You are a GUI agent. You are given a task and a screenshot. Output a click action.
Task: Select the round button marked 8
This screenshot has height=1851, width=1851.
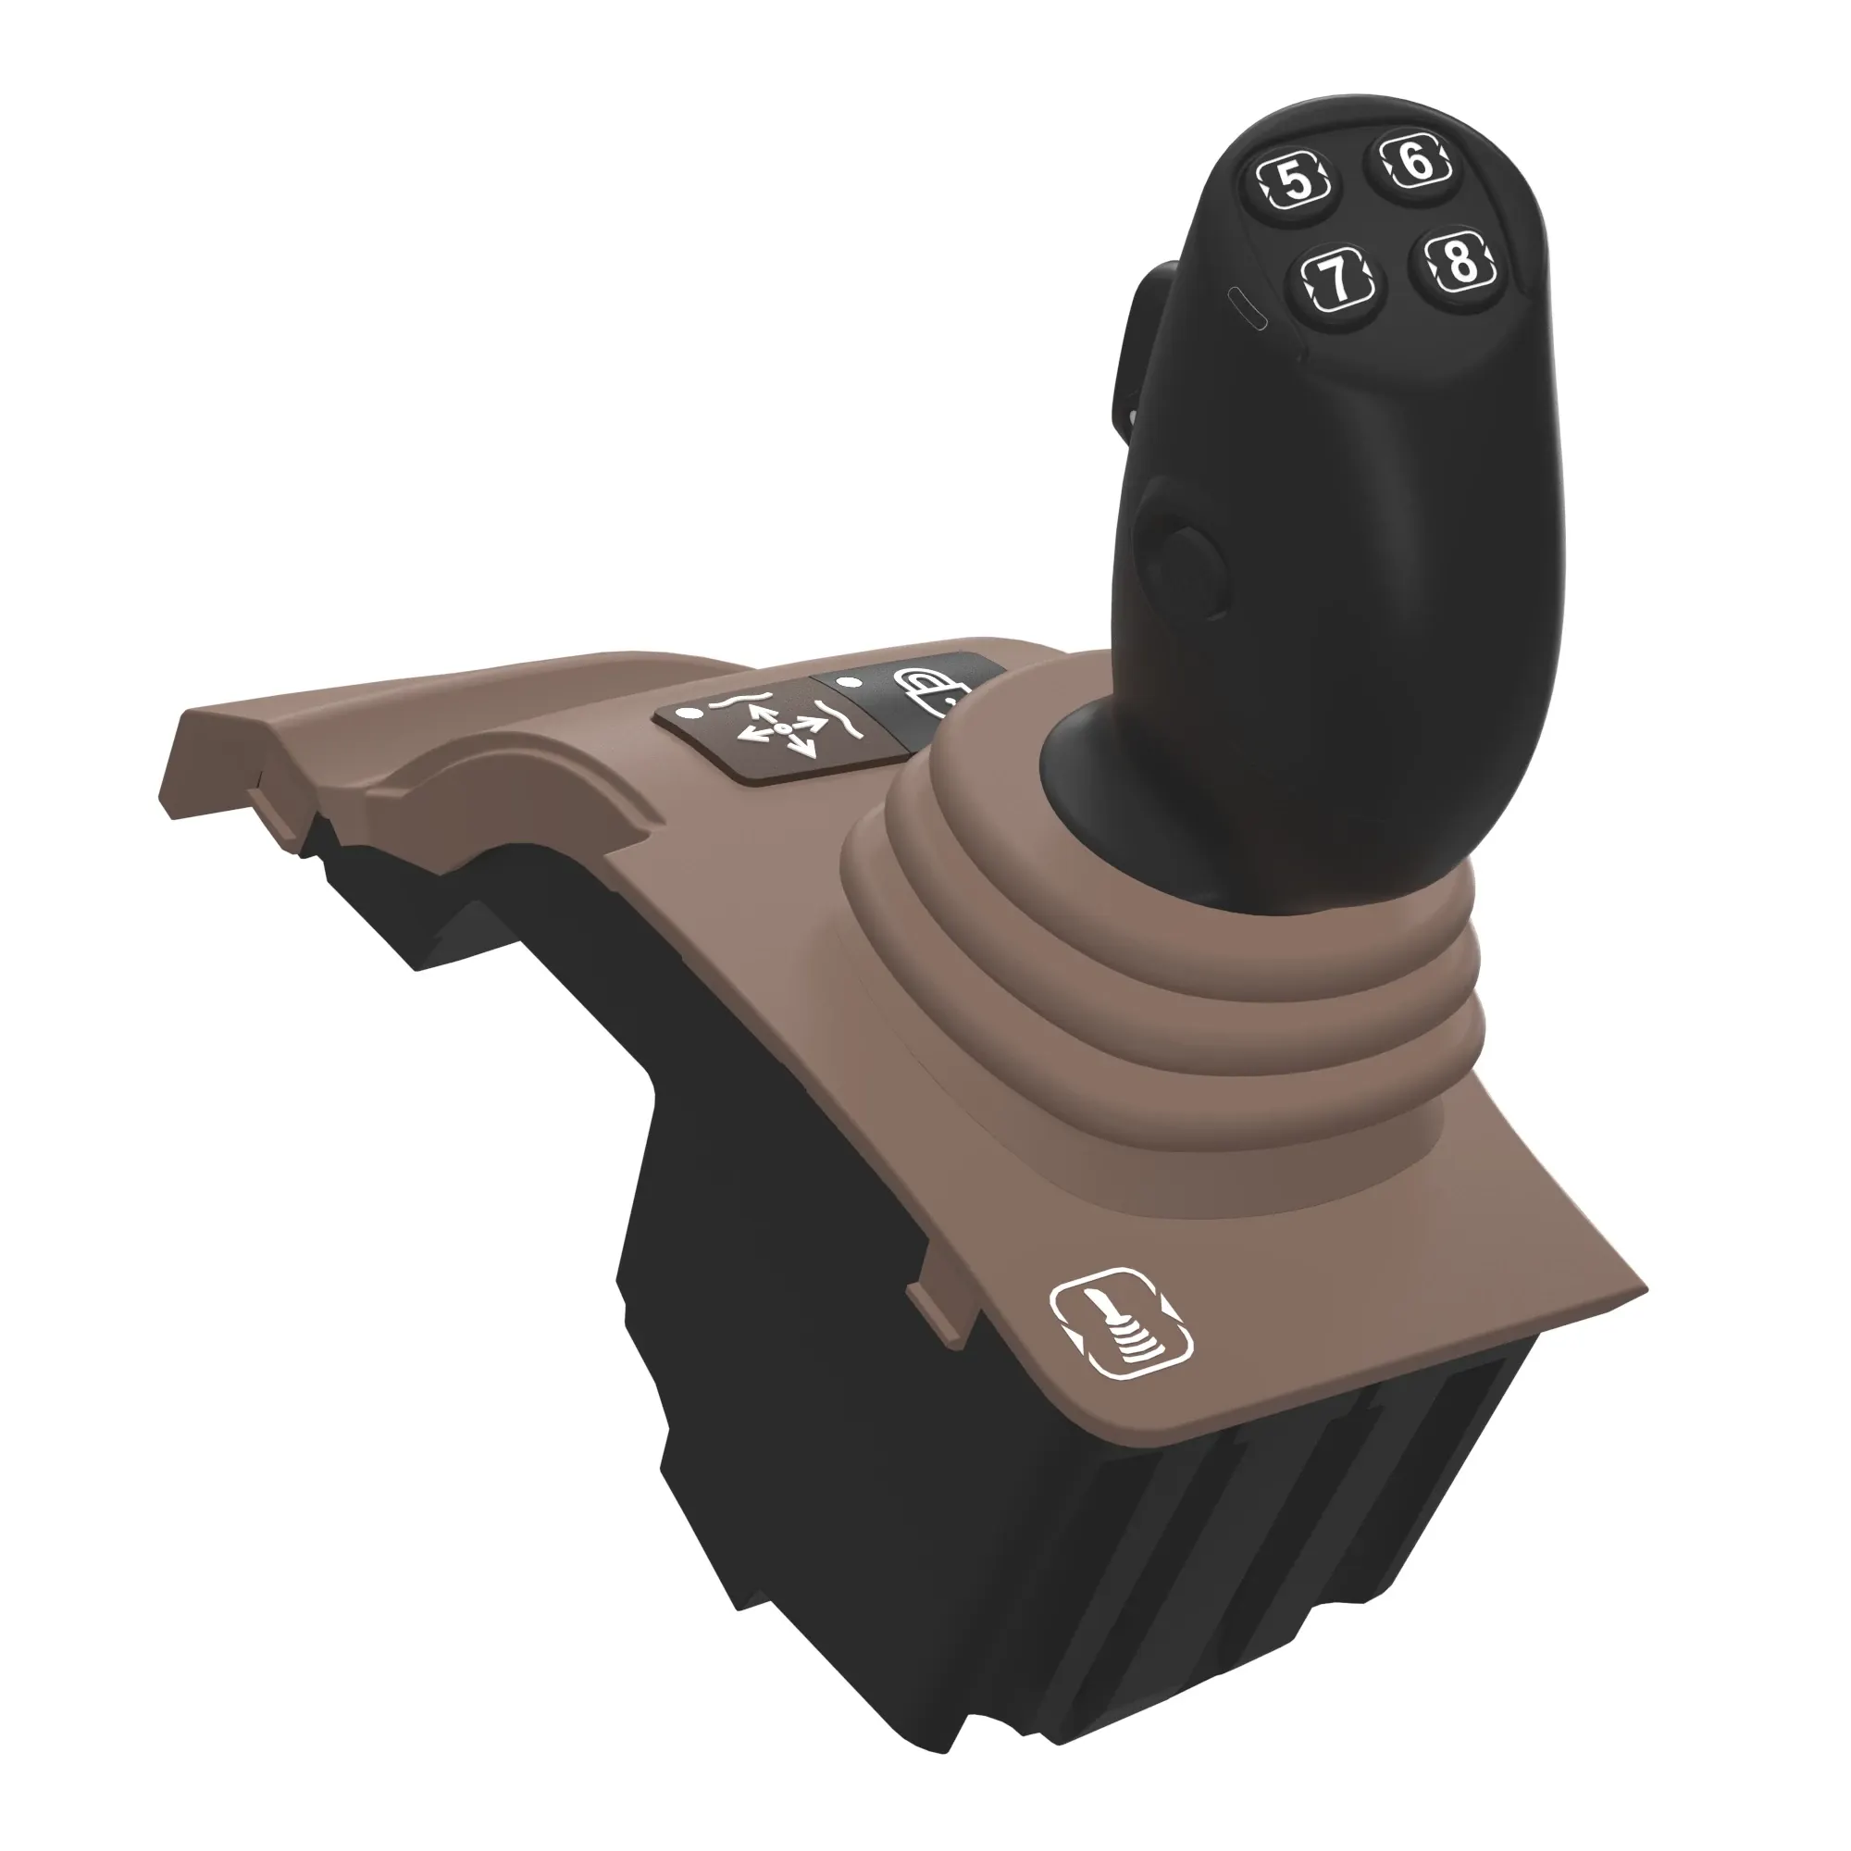tap(1460, 261)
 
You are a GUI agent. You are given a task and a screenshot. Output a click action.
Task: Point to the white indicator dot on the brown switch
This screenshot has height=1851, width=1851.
tap(686, 714)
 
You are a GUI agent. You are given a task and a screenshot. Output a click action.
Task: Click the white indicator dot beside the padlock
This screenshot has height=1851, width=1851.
tap(845, 682)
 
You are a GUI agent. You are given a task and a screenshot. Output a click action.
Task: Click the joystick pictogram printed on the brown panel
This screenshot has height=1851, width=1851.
tap(1121, 1326)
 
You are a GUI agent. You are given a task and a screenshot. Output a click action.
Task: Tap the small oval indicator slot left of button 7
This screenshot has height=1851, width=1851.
tap(1248, 307)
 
